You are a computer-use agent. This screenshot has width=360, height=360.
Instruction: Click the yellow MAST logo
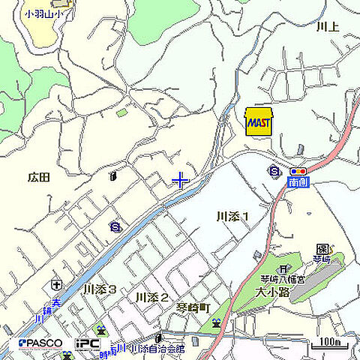259,121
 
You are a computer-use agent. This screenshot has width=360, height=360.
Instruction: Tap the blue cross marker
181,180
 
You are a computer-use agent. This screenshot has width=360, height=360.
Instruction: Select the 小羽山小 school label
43,13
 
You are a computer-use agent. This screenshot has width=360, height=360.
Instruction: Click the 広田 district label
38,178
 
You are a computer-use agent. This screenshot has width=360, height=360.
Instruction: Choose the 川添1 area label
232,217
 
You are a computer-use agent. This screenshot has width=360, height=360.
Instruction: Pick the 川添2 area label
151,298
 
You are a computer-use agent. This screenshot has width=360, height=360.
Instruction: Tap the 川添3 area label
100,289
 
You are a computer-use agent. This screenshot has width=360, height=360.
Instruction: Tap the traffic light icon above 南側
296,172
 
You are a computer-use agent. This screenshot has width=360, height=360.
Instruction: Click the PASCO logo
40,343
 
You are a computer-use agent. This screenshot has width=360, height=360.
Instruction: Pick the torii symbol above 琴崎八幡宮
283,268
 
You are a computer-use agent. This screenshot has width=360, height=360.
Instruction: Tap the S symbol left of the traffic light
274,172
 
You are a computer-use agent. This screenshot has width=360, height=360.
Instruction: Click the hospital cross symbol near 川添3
55,285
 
